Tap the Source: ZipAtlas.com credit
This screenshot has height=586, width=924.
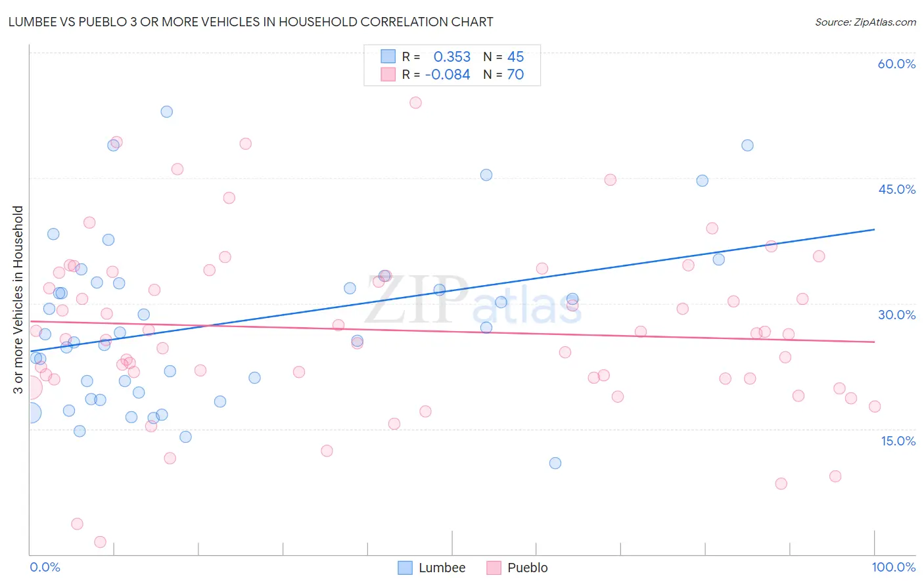point(865,22)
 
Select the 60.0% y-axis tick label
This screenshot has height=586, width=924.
point(896,64)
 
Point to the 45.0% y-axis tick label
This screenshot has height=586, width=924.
point(896,189)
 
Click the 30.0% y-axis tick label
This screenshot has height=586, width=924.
point(896,315)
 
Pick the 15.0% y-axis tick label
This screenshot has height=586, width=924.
point(898,441)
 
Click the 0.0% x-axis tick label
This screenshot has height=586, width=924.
point(45,567)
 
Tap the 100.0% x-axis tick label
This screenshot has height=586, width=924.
point(893,567)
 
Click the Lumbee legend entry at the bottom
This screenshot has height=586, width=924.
point(432,568)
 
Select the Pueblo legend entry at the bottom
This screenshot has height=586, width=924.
point(518,568)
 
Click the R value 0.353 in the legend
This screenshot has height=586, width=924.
point(452,56)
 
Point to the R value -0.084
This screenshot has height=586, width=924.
point(448,75)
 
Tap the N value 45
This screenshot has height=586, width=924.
point(515,56)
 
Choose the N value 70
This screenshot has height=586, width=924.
point(515,75)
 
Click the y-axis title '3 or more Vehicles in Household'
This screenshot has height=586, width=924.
point(18,300)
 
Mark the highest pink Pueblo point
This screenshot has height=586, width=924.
point(415,102)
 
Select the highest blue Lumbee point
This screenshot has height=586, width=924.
point(167,112)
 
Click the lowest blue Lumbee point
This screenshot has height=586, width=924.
point(555,463)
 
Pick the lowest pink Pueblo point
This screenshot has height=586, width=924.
point(101,542)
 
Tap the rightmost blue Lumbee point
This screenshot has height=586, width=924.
point(747,145)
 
